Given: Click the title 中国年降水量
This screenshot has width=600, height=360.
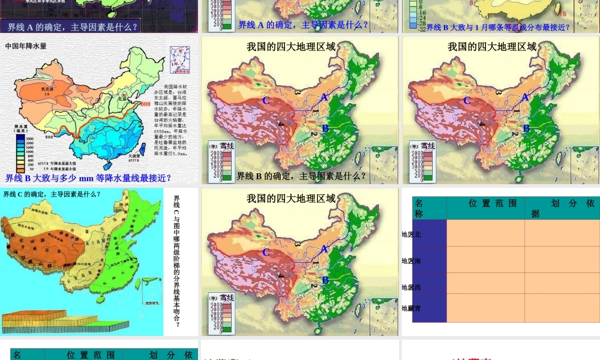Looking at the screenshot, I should (x=25, y=46).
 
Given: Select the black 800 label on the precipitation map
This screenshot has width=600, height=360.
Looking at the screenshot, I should (x=49, y=137).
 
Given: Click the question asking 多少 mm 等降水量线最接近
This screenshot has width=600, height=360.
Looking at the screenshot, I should (x=88, y=178).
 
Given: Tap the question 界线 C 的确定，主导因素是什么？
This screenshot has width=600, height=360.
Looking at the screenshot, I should (x=52, y=194).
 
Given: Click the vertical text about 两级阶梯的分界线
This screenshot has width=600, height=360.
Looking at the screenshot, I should (x=176, y=262).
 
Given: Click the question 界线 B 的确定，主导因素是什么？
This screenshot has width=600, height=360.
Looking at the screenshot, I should (x=301, y=176).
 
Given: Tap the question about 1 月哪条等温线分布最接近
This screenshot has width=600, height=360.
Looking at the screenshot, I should (x=498, y=27).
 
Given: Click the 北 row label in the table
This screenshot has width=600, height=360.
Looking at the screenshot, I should (x=412, y=235).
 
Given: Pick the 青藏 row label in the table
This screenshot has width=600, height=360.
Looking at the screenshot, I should (x=412, y=308).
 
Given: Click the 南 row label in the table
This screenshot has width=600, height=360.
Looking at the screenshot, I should (x=412, y=261).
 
